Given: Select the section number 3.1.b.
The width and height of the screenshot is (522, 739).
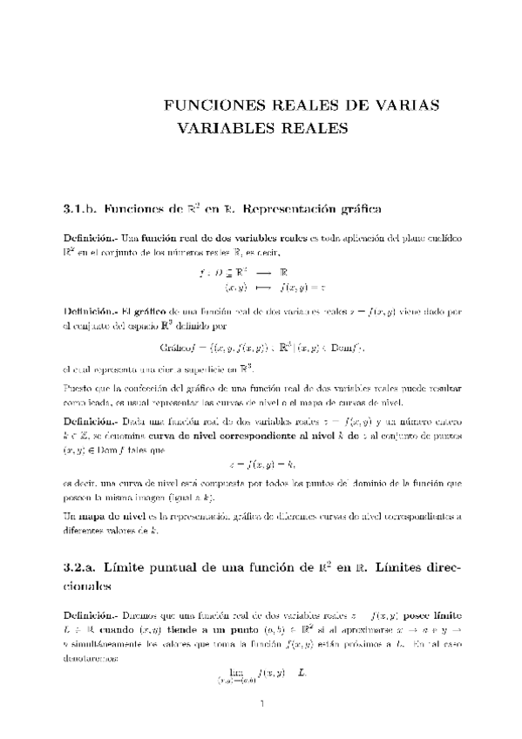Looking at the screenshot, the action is tap(78, 209).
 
